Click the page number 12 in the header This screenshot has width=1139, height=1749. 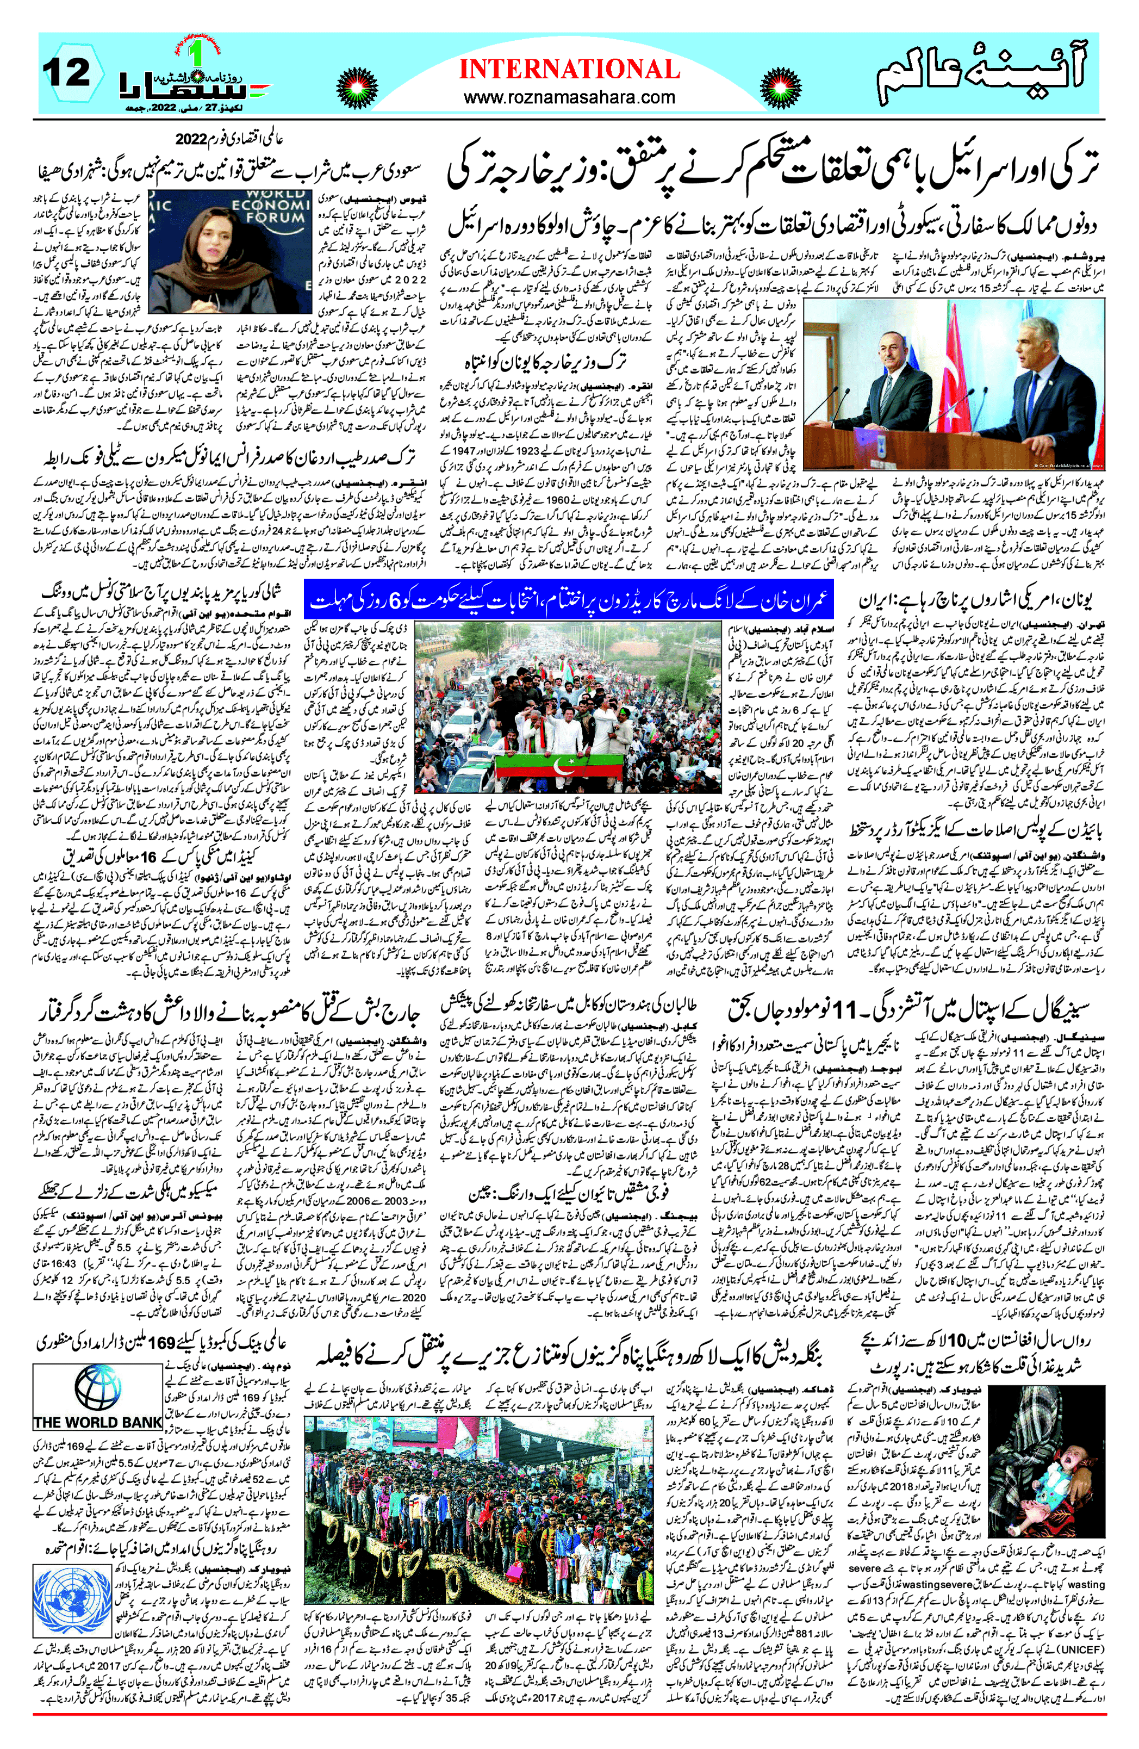[66, 73]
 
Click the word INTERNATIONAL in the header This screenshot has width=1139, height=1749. [569, 69]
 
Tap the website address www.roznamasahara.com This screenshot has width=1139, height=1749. [569, 97]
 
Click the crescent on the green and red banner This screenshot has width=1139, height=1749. [564, 768]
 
